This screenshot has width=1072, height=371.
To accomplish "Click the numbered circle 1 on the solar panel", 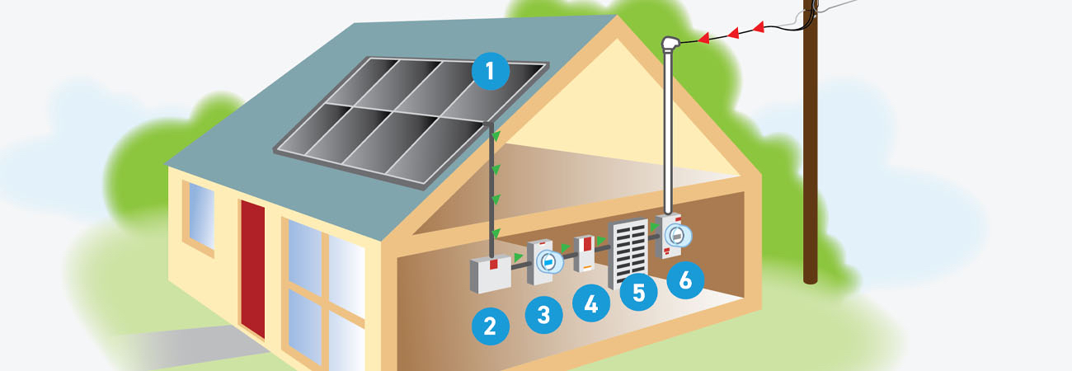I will (x=491, y=73).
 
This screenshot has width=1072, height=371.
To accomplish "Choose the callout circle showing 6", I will (x=685, y=279).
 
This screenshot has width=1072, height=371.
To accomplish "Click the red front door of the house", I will (x=253, y=268).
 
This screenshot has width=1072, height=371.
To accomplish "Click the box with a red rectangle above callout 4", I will (x=585, y=254).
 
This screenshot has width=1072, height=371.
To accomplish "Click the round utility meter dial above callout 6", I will (x=676, y=236).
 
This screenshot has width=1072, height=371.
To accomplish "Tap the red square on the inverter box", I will (x=494, y=265).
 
